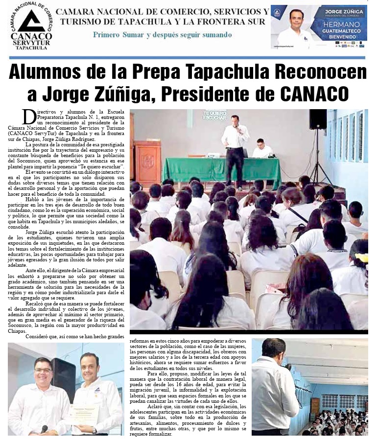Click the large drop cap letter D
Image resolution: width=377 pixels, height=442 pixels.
(29, 116)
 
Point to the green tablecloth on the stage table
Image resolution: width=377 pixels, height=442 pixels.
(221, 169)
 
